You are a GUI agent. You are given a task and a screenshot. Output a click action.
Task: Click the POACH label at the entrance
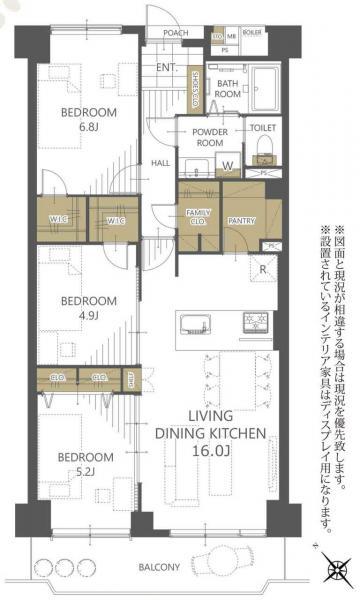click(176, 33)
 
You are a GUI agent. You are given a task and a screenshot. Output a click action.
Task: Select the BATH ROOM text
click(227, 88)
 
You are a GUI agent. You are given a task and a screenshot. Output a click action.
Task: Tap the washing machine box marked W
click(229, 164)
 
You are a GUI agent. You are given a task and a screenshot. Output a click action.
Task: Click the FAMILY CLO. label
click(196, 216)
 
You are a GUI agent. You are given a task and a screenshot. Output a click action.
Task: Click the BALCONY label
click(159, 567)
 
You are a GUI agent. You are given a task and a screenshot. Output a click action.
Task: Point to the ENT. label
click(165, 68)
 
